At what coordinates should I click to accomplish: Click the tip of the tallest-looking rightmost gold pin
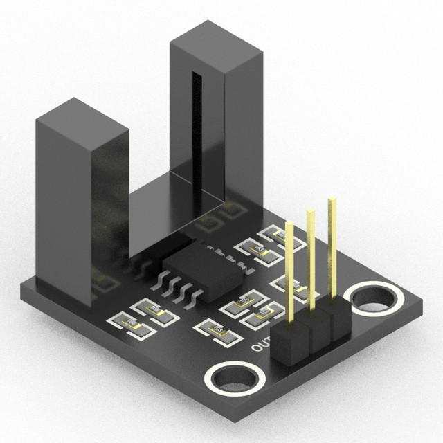tap(333, 200)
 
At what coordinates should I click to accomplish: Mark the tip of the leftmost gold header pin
tap(289, 226)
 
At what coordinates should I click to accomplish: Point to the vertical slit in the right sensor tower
tap(196, 125)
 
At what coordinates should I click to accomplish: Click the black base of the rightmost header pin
tap(337, 318)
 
